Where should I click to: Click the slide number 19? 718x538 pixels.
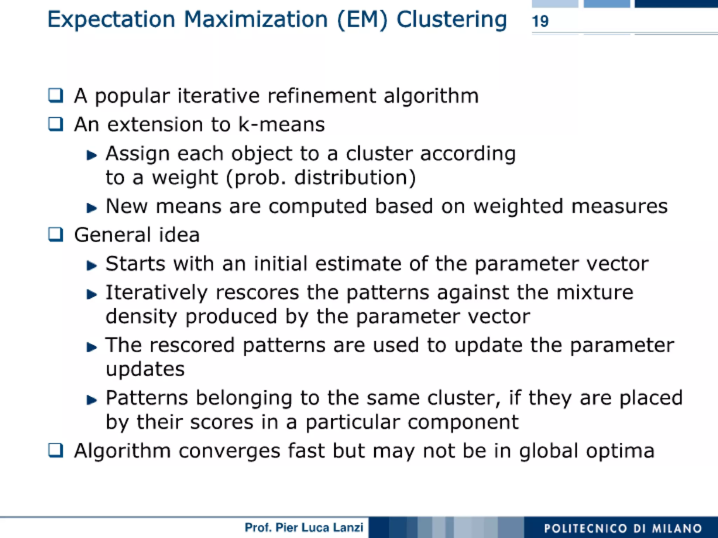coord(540,21)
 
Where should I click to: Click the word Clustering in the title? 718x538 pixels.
coord(452,20)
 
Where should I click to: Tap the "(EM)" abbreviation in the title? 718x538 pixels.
coord(363,20)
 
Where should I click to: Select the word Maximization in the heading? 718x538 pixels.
coord(256,19)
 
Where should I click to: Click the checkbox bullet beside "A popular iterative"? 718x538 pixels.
coord(56,95)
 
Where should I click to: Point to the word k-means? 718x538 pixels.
coord(282,125)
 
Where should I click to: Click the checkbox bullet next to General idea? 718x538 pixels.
coord(56,234)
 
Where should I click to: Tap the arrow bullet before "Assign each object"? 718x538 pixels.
coord(92,155)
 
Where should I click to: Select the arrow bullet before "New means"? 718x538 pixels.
coord(92,208)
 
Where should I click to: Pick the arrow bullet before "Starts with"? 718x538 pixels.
coord(92,265)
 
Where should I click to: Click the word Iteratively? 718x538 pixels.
coord(157,292)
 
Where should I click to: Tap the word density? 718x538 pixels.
coord(141,316)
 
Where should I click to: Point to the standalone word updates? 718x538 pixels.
coord(145,369)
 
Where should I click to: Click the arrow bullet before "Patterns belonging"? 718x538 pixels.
coord(92,399)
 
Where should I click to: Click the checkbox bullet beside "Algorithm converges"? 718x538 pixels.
coord(56,450)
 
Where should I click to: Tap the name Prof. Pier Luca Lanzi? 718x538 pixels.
coord(304,527)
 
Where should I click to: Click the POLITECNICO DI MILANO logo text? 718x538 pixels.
coord(623,528)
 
